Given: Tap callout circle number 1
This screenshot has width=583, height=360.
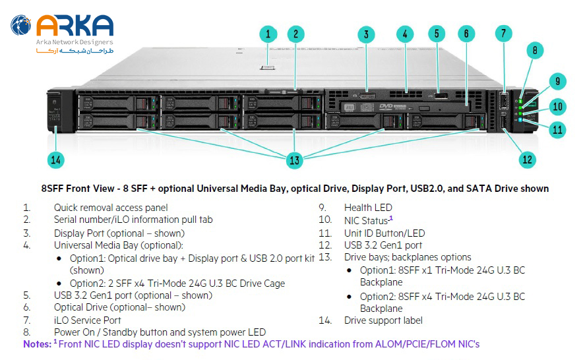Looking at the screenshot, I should coord(268,34).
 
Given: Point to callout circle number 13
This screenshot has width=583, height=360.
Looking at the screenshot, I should coord(294,160).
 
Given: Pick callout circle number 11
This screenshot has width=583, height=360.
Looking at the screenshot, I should coord(557,130).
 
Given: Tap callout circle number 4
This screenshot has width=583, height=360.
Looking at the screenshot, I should coord(406,34).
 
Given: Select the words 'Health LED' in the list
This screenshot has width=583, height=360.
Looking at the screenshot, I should coord(368,208).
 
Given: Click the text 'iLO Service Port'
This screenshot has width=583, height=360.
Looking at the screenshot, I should coord(87,320).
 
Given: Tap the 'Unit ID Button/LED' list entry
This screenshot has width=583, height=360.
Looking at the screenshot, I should coord(384,233).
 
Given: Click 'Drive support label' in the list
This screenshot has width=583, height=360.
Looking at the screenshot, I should coord(383,320).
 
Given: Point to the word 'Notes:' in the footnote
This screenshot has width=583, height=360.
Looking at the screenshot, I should coord(36,344).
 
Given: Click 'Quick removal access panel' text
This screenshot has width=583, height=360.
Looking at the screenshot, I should coord(111,208).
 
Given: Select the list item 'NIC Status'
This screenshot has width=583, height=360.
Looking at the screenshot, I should coord(366,220).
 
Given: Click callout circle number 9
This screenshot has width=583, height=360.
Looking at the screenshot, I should coord(557,81).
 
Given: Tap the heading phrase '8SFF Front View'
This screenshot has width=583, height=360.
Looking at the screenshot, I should coord(77,189).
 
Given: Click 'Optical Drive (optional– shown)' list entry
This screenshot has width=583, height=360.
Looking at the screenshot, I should coord(119,307).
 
